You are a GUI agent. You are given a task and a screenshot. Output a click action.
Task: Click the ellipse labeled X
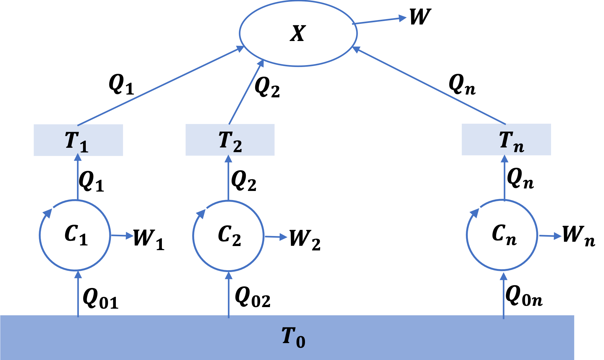click(x=298, y=33)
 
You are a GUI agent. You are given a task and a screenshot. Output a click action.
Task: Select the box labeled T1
click(x=78, y=140)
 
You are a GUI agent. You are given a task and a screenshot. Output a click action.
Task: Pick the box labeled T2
click(x=230, y=140)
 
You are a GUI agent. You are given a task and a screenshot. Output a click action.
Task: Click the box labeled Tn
click(x=506, y=140)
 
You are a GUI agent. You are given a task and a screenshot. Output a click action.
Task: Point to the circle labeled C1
click(x=75, y=235)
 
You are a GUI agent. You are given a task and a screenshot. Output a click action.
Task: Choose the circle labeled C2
click(x=228, y=235)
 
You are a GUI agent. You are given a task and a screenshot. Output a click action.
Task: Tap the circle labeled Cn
click(x=502, y=235)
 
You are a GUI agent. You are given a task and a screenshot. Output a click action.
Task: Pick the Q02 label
click(x=252, y=297)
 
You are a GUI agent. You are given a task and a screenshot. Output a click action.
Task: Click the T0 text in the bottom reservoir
click(x=293, y=337)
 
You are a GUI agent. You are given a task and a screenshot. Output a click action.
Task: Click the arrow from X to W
click(x=380, y=21)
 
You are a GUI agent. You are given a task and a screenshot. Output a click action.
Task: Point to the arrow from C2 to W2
click(x=276, y=237)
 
